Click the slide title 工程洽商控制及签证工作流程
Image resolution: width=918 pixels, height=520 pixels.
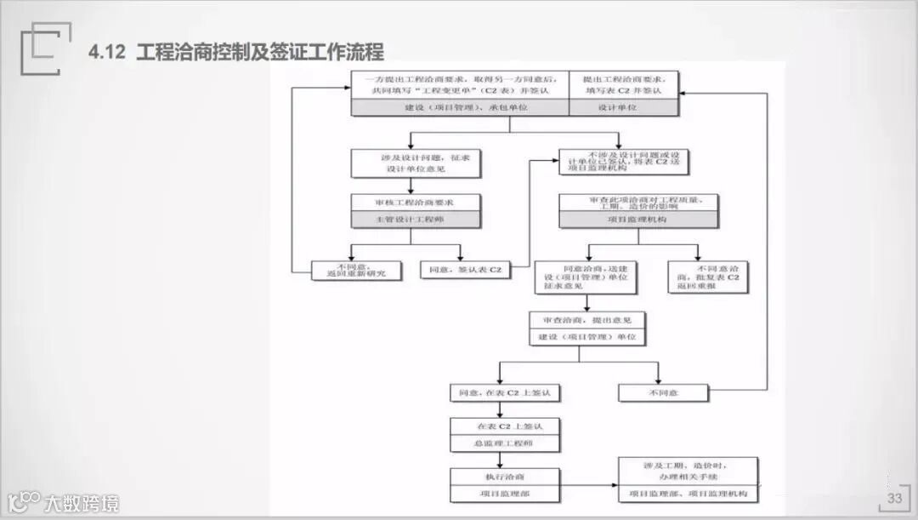tap(260, 53)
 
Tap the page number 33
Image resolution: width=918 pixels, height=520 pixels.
tap(894, 499)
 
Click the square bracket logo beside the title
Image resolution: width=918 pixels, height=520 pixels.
tap(40, 49)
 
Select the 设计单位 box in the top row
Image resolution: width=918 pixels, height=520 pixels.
tap(623, 108)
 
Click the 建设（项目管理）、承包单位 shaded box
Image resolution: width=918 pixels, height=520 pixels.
tap(460, 108)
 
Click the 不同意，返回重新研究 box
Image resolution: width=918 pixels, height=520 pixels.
tap(355, 270)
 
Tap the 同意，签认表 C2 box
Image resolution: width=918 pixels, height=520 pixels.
tap(466, 270)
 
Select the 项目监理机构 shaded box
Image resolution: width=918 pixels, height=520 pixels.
tap(638, 220)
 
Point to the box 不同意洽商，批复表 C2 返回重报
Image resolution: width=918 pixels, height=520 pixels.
tap(707, 277)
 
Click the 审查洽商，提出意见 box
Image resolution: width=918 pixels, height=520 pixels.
tap(587, 320)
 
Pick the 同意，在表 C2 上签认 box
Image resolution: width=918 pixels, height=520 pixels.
tap(505, 393)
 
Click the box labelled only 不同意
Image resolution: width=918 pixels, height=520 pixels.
tap(662, 393)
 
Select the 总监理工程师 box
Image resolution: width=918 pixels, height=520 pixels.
tap(505, 443)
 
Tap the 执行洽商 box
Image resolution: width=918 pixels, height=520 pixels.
tap(505, 476)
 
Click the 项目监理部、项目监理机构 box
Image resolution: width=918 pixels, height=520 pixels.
tap(688, 494)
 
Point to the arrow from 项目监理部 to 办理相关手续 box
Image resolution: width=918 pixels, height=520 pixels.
tap(589, 485)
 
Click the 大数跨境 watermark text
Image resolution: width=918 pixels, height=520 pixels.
tap(82, 503)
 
